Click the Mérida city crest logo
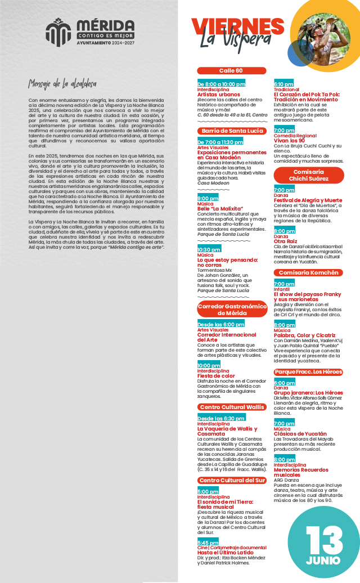(58, 31)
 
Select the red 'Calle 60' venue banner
(231, 71)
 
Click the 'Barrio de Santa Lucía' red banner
(231, 131)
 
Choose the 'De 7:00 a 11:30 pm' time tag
(220, 142)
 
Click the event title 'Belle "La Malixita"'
(219, 208)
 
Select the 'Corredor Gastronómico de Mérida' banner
(231, 310)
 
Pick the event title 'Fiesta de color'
(216, 376)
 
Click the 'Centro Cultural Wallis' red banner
(231, 407)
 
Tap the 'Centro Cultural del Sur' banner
(231, 480)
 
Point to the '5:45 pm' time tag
(208, 542)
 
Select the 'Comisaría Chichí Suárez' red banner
(308, 175)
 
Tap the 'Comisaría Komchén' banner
(308, 272)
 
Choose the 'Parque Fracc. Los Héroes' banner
(308, 372)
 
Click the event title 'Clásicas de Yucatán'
(300, 434)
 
